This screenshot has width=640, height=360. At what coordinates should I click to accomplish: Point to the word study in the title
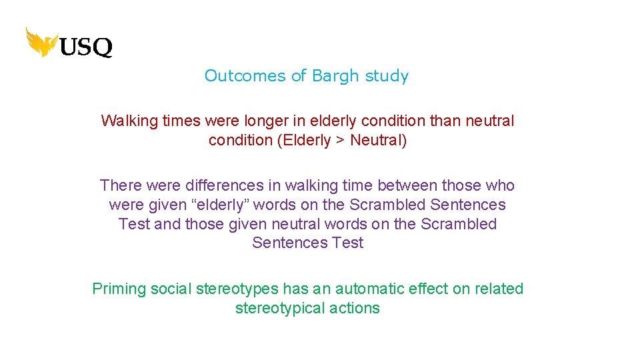(x=387, y=76)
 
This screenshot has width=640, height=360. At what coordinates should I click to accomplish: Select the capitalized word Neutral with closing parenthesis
(x=378, y=141)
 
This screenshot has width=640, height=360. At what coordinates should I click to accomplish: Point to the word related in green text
(x=498, y=289)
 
